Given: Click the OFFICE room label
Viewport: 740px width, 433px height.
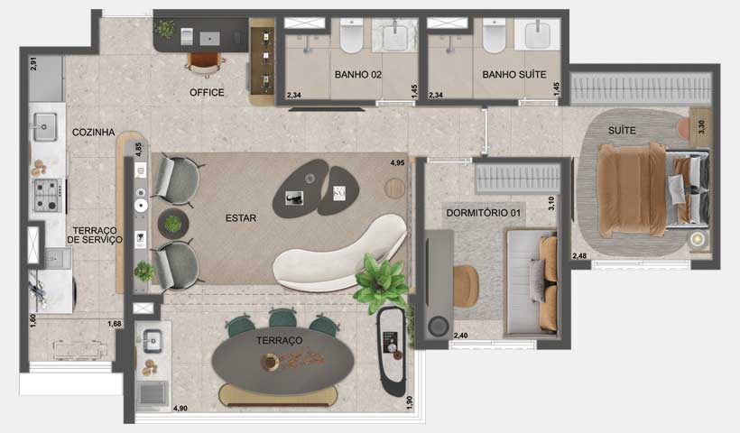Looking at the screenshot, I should pyautogui.click(x=207, y=92).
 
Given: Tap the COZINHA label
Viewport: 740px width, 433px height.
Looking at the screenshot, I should pyautogui.click(x=95, y=133).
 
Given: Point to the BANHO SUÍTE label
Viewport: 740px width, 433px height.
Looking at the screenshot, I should pyautogui.click(x=514, y=75).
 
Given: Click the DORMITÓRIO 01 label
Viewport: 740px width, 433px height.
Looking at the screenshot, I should pyautogui.click(x=485, y=213).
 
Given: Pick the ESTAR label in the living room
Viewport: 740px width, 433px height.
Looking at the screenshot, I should pyautogui.click(x=241, y=217).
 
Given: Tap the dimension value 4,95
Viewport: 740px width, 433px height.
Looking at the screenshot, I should pyautogui.click(x=397, y=163).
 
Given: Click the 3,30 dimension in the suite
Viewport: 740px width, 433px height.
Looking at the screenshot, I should pyautogui.click(x=704, y=128).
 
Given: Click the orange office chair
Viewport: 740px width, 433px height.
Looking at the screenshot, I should pyautogui.click(x=205, y=62).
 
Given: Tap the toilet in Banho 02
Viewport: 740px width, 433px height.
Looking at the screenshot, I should pyautogui.click(x=352, y=37).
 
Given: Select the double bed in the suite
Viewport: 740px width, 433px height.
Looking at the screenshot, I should pyautogui.click(x=643, y=188).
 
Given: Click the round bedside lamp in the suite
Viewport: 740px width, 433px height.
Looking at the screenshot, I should pyautogui.click(x=698, y=239).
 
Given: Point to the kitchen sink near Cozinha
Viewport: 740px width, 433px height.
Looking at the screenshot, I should pyautogui.click(x=43, y=127).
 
